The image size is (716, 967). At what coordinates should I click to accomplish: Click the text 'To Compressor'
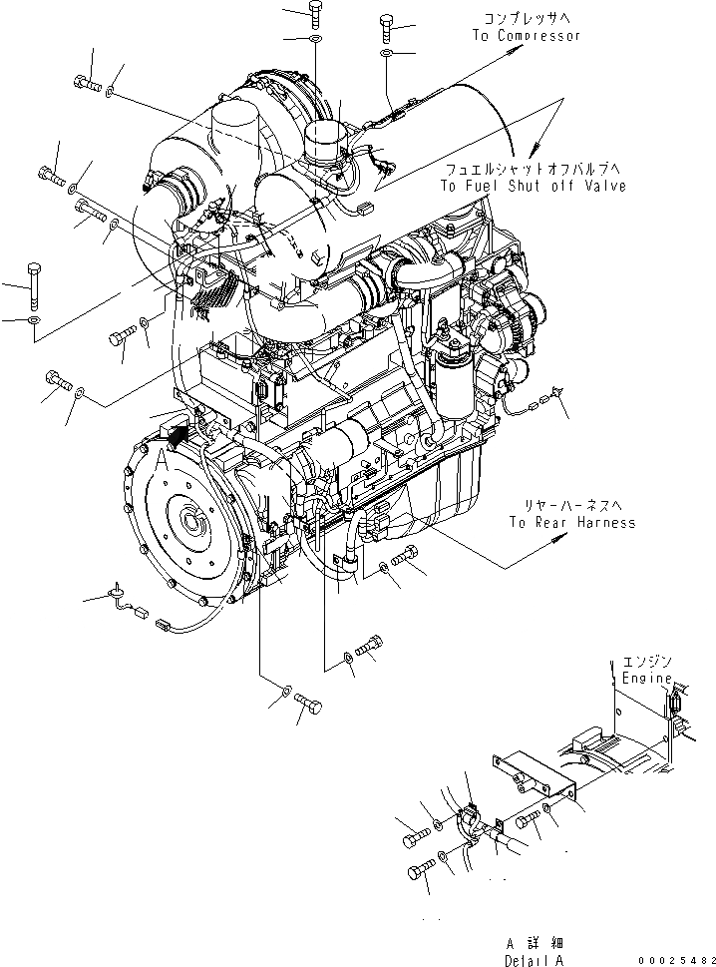[526, 35]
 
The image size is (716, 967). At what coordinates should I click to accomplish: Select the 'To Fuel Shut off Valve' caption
[535, 186]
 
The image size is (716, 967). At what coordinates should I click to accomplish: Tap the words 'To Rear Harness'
[571, 522]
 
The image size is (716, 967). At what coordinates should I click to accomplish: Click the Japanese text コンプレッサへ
[527, 19]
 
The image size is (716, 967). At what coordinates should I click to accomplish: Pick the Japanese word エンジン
[648, 662]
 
